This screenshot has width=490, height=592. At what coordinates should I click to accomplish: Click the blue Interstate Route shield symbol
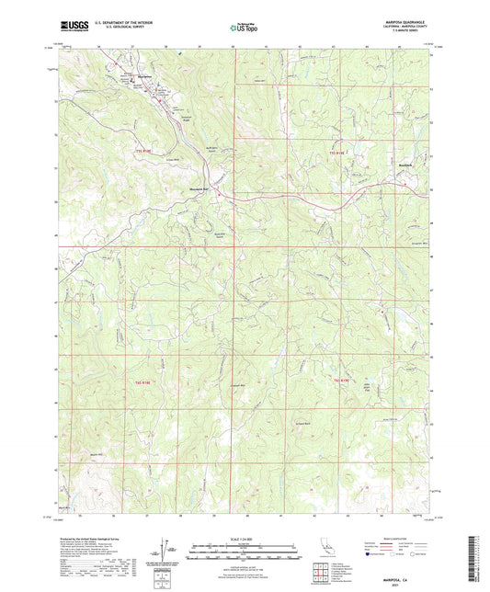coord(372,555)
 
